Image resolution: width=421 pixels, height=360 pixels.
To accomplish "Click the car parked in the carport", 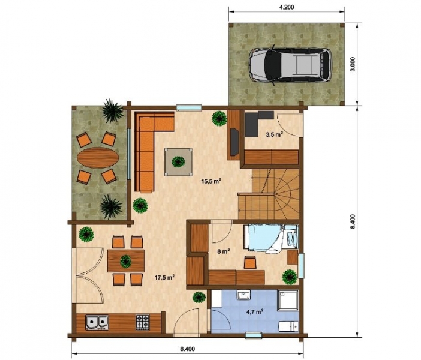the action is point(290,65).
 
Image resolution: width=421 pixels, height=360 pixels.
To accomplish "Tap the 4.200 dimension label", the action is point(287,7).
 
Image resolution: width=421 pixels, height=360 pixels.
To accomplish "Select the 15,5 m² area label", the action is point(211,181).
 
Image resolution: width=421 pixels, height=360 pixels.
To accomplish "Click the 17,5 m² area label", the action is point(164,277).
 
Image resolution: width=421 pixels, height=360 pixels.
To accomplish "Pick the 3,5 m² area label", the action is point(275,134).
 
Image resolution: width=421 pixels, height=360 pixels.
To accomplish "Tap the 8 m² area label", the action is point(223,252).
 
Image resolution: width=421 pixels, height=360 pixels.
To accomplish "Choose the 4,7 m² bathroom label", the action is point(254,312).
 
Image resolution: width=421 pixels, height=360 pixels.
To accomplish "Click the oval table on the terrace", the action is point(98,158).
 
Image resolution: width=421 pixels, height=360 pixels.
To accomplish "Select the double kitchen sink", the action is point(97,322).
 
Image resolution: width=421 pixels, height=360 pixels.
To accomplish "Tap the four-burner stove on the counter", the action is point(143,322).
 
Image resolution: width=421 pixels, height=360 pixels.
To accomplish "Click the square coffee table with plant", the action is point(179,162).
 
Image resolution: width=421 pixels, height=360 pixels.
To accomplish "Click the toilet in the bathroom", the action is point(288,326).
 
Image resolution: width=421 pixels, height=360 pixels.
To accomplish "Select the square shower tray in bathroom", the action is point(288,301).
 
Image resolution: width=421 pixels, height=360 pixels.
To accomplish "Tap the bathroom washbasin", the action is point(243,295).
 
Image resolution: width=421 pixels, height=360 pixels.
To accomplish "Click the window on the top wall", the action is point(189,107).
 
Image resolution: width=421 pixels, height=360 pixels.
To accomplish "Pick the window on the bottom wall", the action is point(254,335).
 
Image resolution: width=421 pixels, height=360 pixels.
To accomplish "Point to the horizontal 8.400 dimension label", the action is point(187,349).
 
